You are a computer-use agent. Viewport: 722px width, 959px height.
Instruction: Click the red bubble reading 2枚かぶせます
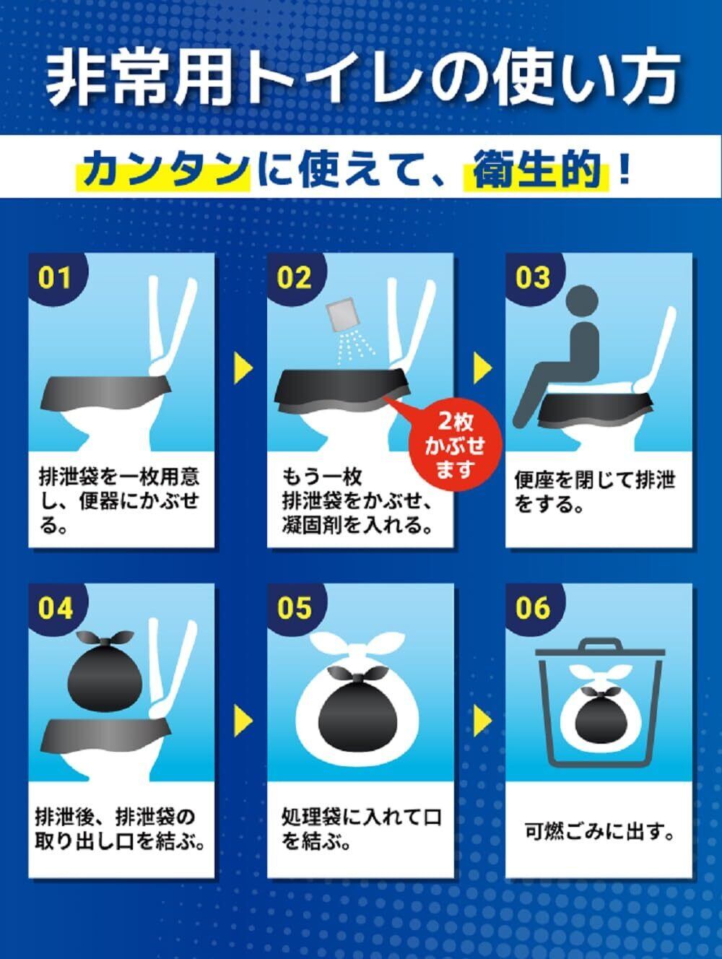[x=456, y=446]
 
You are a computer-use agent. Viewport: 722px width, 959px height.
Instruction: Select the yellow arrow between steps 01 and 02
[x=243, y=368]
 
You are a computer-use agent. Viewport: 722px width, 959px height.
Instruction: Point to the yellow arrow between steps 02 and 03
[x=482, y=368]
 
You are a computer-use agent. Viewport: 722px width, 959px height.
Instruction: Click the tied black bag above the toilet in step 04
[x=105, y=671]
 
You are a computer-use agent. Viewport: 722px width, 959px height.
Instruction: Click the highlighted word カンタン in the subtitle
[x=163, y=168]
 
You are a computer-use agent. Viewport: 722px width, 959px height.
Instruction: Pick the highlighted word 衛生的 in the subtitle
[x=536, y=169]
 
